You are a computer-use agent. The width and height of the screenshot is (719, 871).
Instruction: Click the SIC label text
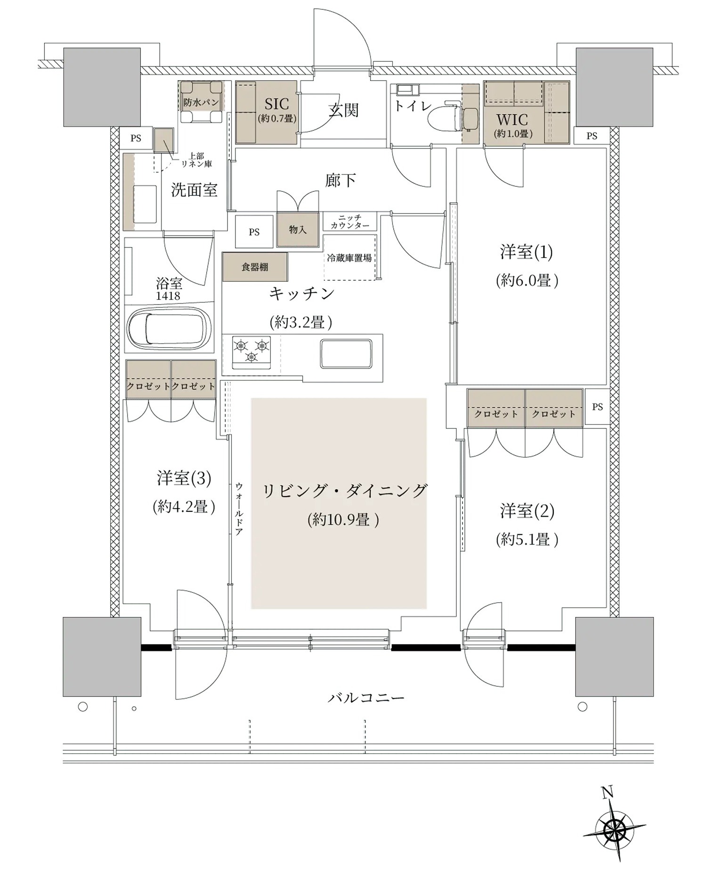[x=277, y=104]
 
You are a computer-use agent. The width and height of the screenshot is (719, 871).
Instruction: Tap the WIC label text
[x=512, y=120]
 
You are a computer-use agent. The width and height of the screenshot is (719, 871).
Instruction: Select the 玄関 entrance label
[x=344, y=110]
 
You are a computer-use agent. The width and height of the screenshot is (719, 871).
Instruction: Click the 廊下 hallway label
[x=340, y=180]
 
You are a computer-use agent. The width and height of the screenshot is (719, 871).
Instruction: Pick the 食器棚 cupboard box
[x=255, y=267]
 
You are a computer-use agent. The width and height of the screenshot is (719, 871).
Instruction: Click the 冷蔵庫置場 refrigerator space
[x=349, y=257]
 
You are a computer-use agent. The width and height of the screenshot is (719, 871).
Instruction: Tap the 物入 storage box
[x=298, y=230]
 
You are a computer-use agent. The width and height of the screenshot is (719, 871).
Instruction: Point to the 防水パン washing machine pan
[x=201, y=102]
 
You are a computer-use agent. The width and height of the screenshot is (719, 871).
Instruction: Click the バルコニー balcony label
[x=366, y=698]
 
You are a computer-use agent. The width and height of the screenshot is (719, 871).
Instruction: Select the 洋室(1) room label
[x=526, y=252]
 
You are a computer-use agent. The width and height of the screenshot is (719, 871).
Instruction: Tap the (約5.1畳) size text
[x=527, y=540]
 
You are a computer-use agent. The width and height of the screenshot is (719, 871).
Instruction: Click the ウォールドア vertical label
[x=239, y=509]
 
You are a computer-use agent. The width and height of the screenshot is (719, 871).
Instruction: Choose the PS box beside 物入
[x=254, y=231]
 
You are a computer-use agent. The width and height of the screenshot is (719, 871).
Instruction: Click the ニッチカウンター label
[x=350, y=222]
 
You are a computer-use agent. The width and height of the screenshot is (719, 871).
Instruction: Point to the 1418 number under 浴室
[x=168, y=296]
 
